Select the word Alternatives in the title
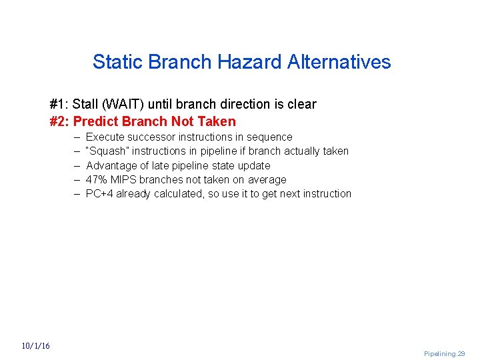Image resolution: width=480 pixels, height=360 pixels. [x=339, y=62]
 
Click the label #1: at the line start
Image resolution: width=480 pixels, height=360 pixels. [x=59, y=104]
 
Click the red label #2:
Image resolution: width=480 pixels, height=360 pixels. [x=59, y=121]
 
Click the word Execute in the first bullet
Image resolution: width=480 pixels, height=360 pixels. [x=105, y=137]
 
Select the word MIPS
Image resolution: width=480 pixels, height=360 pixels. [x=125, y=179]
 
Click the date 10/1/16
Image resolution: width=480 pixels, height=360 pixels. [x=35, y=346]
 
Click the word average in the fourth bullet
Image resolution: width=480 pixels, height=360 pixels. [x=267, y=179]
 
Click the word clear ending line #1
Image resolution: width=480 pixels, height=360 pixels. [x=302, y=104]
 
